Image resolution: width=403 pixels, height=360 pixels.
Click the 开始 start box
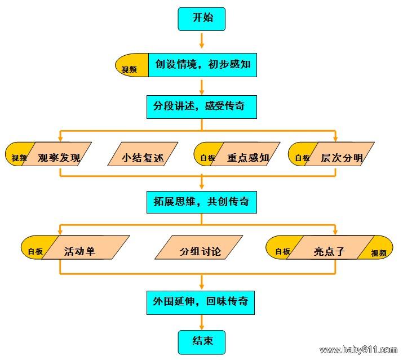click(x=202, y=18)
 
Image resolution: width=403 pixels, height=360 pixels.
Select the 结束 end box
click(x=201, y=341)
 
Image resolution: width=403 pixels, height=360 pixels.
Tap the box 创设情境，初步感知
click(x=202, y=65)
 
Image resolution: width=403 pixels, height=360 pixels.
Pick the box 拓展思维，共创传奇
click(x=201, y=201)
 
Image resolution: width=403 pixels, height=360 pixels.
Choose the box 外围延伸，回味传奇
click(x=201, y=301)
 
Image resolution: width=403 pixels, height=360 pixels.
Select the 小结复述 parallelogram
click(x=143, y=157)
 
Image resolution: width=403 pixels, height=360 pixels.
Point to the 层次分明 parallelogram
click(x=340, y=157)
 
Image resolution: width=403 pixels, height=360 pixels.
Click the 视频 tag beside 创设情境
click(x=130, y=69)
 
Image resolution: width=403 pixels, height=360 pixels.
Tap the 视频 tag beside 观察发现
click(x=18, y=158)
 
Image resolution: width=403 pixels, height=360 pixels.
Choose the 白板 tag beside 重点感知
click(x=207, y=158)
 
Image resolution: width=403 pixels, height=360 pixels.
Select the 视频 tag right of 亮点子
click(x=379, y=252)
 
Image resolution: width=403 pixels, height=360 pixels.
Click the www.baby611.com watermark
click(x=358, y=350)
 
